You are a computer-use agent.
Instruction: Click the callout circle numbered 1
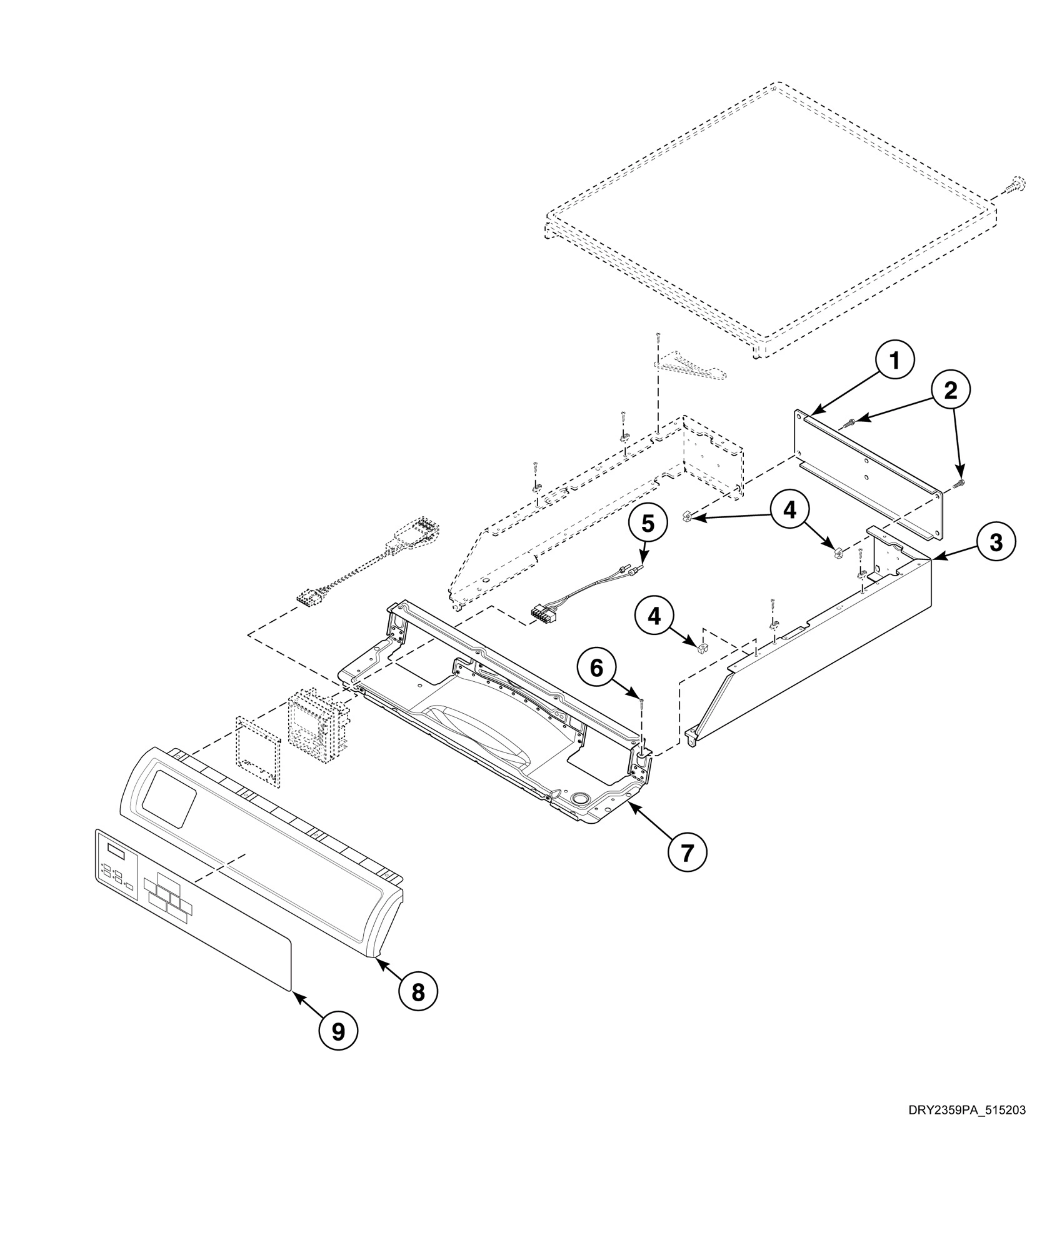pos(894,361)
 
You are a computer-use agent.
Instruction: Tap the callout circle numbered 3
pos(996,542)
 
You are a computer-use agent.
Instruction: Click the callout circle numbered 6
pos(597,669)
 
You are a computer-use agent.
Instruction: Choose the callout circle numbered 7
pos(688,852)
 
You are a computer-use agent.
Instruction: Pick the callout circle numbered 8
pos(418,991)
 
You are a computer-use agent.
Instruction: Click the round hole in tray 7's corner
pos(579,798)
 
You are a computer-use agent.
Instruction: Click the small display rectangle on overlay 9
pos(116,849)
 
